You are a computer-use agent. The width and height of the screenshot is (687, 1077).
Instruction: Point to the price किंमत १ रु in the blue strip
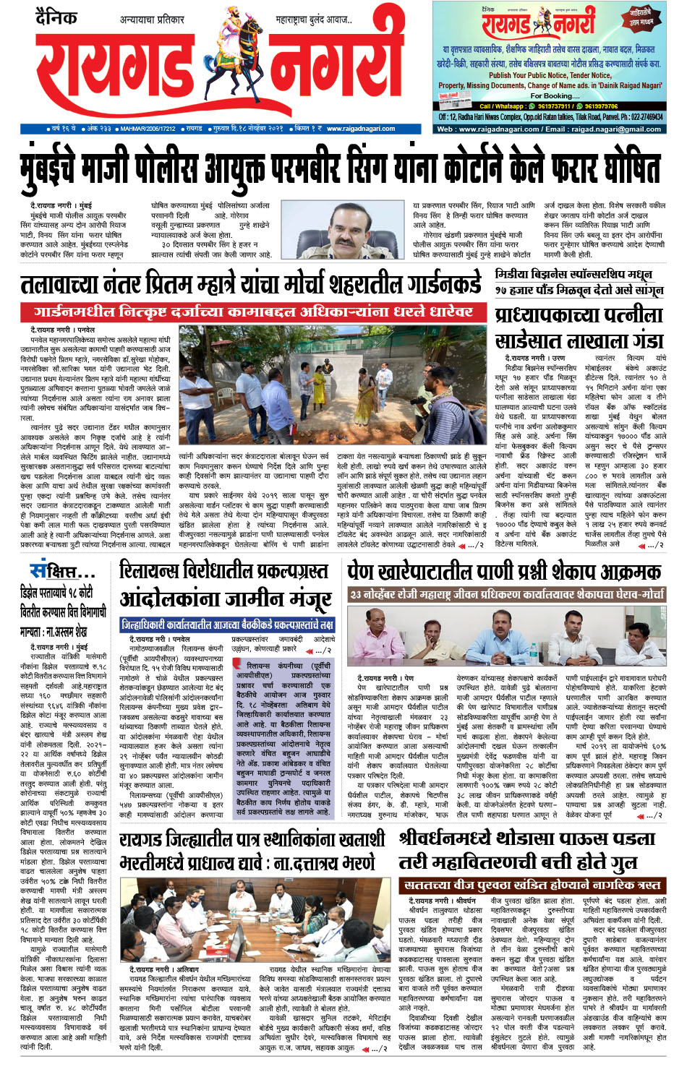(307, 129)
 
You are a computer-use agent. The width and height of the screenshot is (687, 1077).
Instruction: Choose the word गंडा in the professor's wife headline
(639, 340)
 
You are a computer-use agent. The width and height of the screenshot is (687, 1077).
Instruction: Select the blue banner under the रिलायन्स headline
(227, 624)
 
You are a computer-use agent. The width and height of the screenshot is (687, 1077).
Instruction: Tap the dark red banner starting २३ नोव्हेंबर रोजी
(506, 595)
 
